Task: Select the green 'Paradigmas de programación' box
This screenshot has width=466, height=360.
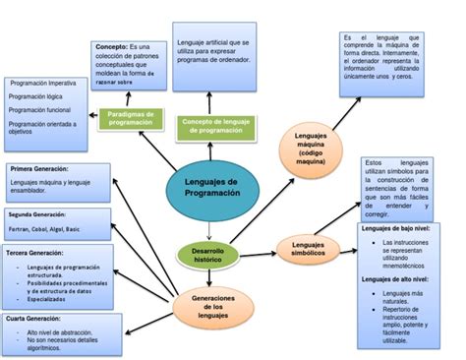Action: (x=131, y=120)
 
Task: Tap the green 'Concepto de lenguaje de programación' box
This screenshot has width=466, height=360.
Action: (x=214, y=125)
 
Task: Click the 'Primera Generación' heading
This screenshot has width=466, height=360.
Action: (x=38, y=168)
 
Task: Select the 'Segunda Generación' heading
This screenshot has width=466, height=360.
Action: (x=37, y=213)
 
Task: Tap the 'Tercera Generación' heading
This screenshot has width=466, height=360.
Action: (x=35, y=252)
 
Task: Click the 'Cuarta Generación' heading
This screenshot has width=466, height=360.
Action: (x=33, y=319)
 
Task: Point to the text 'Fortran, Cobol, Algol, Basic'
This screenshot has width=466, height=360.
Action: (x=45, y=228)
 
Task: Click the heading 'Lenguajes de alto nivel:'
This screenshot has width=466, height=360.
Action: (x=401, y=279)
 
